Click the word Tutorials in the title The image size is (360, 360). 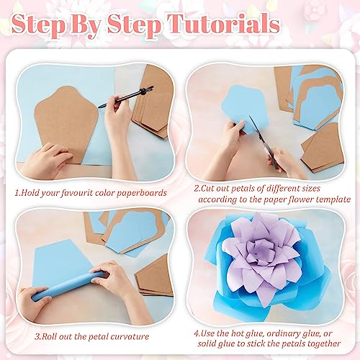(x=223, y=24)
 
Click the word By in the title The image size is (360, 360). (x=86, y=26)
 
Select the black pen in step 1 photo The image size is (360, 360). (x=125, y=96)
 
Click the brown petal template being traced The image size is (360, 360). (x=66, y=122)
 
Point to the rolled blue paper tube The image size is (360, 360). (x=68, y=286)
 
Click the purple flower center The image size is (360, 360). (x=261, y=254)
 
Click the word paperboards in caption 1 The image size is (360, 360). (x=142, y=194)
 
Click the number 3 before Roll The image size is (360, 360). (x=37, y=336)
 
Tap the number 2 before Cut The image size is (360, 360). (x=197, y=189)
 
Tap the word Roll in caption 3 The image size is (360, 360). (x=50, y=336)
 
